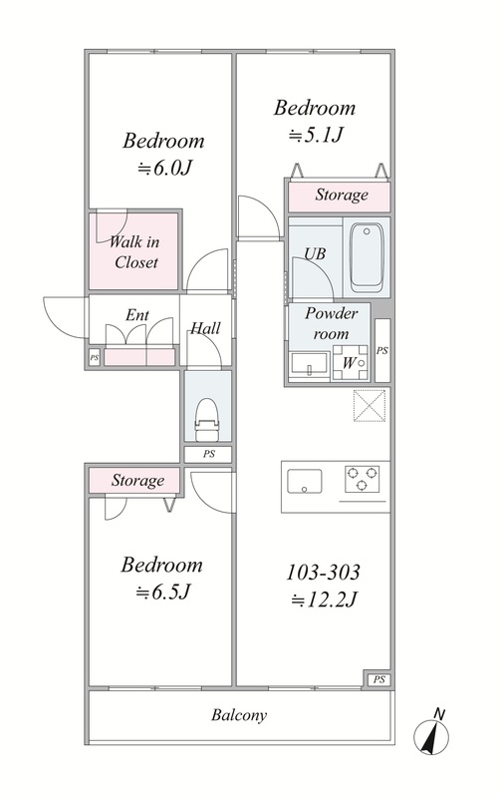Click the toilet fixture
(207, 419)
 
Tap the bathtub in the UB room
(366, 257)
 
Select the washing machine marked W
(350, 363)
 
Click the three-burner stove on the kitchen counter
(362, 479)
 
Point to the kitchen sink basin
(305, 482)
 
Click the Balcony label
(239, 715)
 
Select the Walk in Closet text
(134, 252)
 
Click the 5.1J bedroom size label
(316, 135)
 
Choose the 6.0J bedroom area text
(164, 168)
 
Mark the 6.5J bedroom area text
(162, 592)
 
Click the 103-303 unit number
(323, 572)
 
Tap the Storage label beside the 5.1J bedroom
(342, 195)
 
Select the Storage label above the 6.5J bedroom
(137, 481)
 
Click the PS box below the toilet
(208, 454)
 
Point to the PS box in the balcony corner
(379, 679)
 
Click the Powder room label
(331, 323)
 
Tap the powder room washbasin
(309, 364)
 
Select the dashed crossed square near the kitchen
(370, 406)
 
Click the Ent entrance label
(137, 315)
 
